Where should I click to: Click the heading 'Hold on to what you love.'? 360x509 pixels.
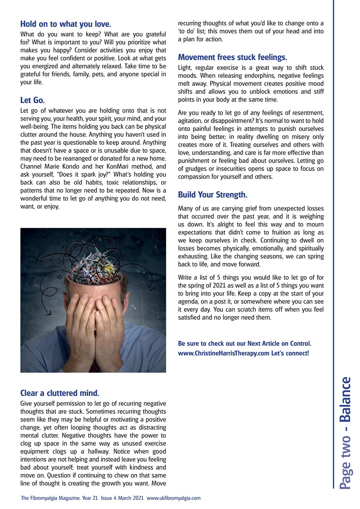(66, 23)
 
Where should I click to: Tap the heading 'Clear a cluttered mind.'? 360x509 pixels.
(60, 393)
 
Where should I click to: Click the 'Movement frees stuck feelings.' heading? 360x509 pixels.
(232, 57)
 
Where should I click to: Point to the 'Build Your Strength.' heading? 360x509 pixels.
(212, 195)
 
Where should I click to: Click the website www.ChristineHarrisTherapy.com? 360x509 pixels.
(224, 353)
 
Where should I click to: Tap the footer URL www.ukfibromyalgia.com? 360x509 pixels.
(174, 498)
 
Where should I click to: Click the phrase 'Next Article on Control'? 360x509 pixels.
(278, 343)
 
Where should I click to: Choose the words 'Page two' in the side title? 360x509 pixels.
(345, 465)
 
